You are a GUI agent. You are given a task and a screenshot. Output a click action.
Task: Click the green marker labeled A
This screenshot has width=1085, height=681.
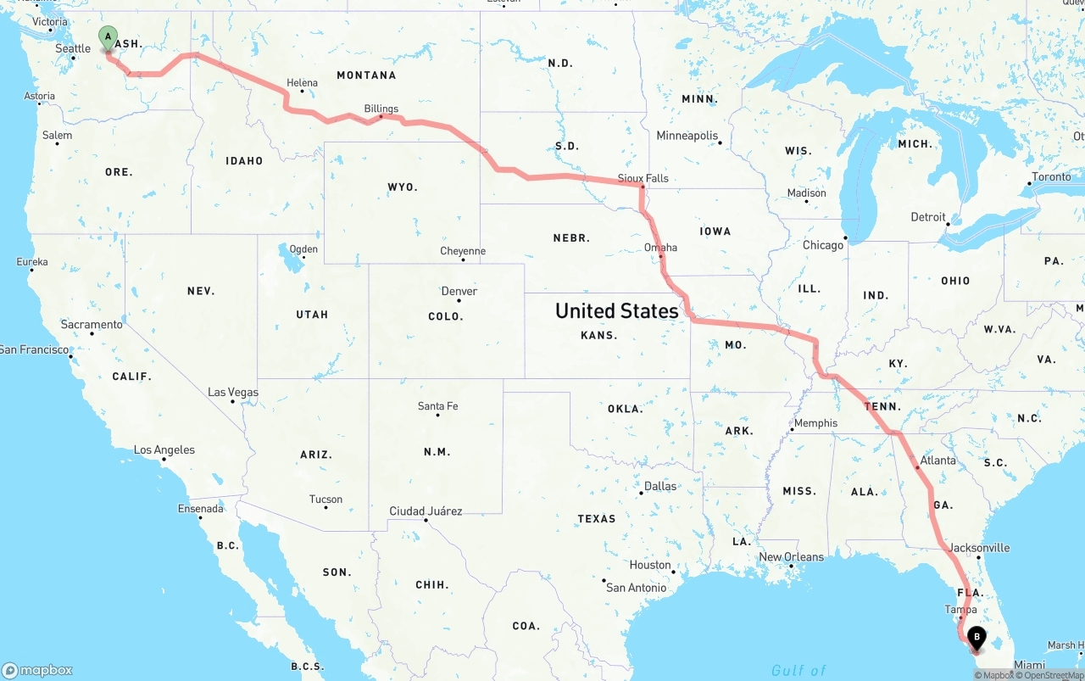tap(108, 37)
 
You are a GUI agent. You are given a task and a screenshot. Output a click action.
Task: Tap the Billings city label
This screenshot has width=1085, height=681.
tap(381, 109)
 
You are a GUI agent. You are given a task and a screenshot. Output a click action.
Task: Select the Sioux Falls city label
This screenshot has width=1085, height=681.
tap(643, 178)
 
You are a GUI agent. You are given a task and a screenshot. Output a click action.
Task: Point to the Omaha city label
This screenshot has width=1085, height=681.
tap(660, 248)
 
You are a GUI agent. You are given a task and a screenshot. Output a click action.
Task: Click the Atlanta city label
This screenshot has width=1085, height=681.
tap(938, 461)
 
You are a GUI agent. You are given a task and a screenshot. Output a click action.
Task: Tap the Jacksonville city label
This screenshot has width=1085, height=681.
tap(979, 548)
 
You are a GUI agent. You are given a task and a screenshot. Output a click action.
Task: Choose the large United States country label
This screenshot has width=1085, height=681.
tap(616, 310)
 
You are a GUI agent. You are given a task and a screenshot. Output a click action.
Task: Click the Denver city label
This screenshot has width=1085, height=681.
tap(459, 291)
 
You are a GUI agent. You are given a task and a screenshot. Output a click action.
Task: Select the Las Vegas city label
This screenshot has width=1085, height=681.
tap(233, 393)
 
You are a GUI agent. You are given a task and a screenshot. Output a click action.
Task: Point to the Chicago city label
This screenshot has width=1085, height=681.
tap(823, 245)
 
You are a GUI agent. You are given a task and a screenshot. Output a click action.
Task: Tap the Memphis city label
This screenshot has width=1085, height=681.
tap(815, 423)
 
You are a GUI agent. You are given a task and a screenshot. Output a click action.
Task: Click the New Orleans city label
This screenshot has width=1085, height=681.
tap(791, 557)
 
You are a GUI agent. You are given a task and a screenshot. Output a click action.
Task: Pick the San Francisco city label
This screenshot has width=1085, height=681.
tap(34, 349)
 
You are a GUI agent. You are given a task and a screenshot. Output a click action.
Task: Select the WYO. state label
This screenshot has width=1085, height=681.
tap(403, 187)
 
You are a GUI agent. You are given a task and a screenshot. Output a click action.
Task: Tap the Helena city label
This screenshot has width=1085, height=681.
tap(302, 83)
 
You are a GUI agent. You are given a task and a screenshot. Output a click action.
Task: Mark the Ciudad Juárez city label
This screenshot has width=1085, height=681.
tap(426, 511)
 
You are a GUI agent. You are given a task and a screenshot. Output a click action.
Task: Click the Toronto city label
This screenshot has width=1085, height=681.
tap(1051, 178)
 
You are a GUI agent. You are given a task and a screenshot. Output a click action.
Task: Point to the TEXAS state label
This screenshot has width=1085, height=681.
tap(597, 518)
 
